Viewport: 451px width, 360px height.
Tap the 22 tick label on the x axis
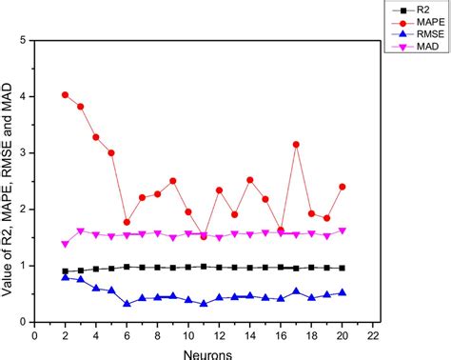click(373, 335)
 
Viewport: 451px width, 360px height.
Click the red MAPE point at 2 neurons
click(65, 95)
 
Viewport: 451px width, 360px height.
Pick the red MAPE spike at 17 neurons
click(296, 145)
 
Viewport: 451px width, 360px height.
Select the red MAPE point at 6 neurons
click(127, 222)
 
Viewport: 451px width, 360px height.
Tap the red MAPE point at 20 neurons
click(343, 187)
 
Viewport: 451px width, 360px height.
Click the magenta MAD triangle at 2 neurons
click(65, 244)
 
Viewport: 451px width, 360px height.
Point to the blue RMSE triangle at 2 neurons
click(65, 277)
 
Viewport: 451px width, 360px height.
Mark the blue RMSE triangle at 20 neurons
click(343, 292)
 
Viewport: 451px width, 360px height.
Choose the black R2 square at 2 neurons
click(65, 271)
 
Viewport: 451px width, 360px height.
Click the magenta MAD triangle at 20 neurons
click(343, 230)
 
